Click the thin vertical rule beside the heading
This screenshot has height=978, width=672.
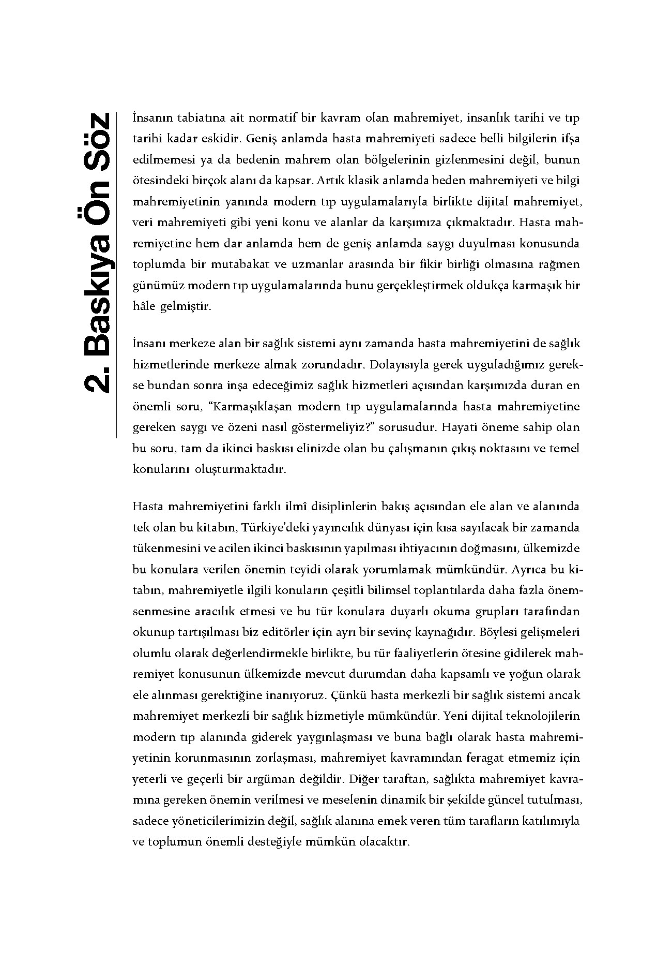117,274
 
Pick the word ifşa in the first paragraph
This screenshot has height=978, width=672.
570,139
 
